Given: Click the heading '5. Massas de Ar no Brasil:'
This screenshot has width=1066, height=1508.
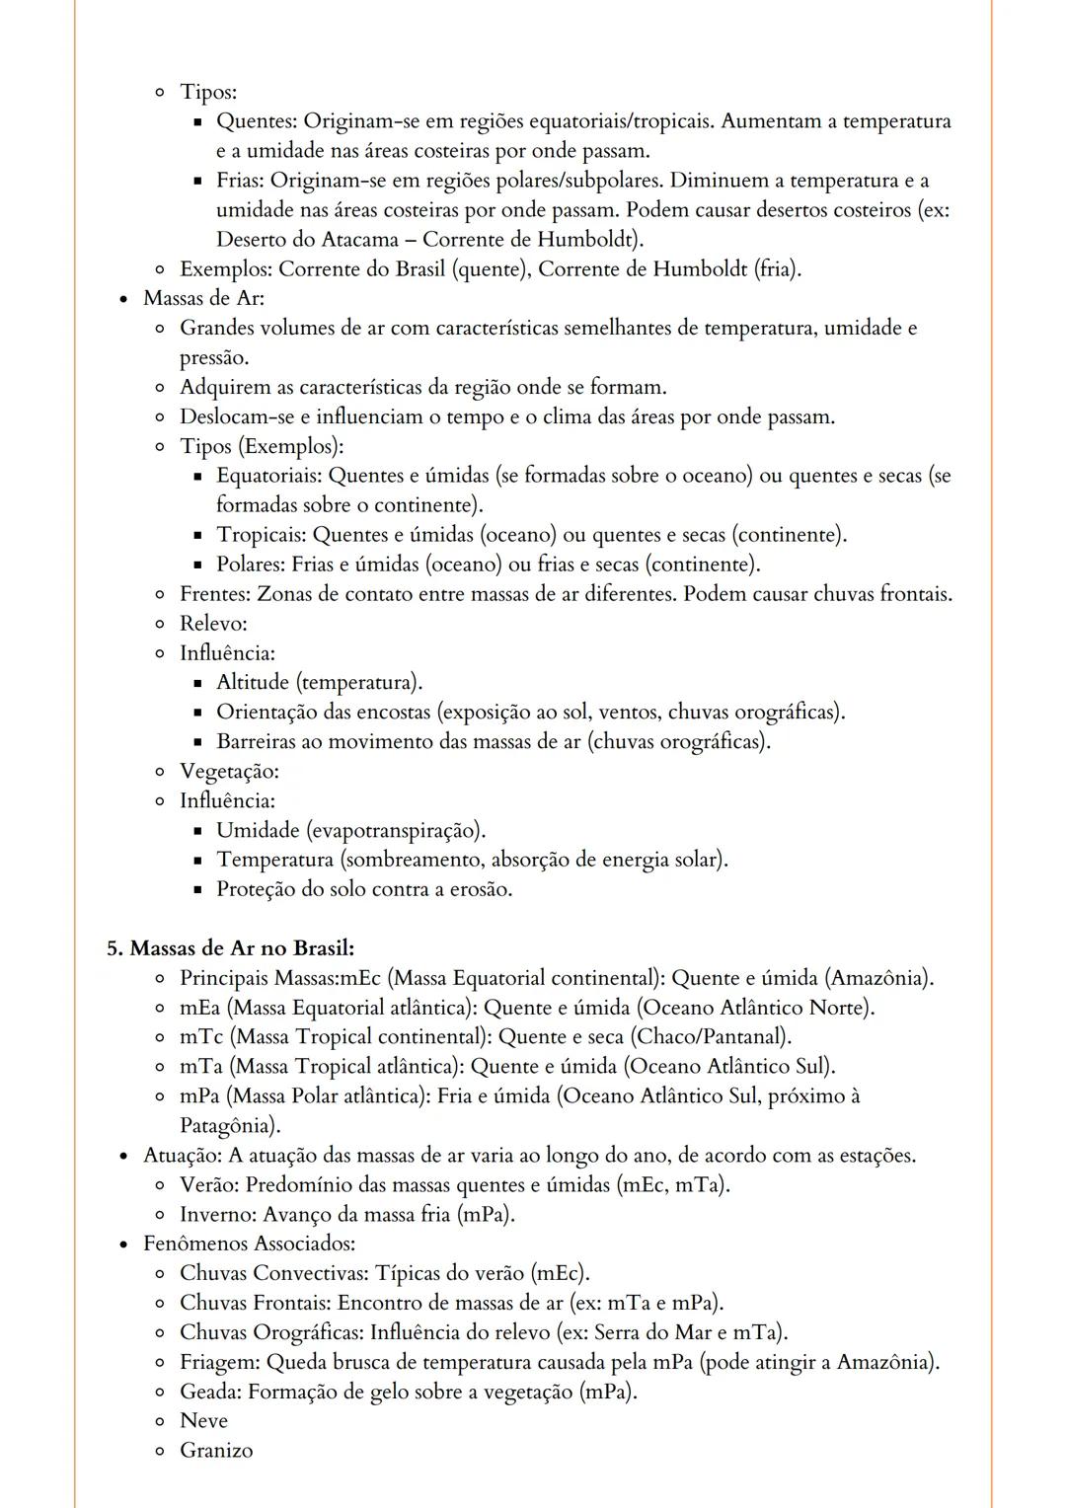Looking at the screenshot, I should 230,948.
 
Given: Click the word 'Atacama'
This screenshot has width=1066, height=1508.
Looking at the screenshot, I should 360,240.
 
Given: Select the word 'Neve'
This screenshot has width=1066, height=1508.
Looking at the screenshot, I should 203,1421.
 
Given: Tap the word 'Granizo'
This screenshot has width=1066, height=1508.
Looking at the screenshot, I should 216,1451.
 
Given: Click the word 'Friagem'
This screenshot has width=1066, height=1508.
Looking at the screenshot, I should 219,1362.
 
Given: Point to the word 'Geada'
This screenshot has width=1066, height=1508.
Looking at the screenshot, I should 209,1392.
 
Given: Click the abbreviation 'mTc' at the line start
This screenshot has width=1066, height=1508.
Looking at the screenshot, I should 201,1037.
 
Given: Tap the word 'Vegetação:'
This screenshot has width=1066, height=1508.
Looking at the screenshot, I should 229,771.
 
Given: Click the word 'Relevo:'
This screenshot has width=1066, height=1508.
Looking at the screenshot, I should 213,624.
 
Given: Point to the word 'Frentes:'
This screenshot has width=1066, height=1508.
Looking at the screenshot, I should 215,594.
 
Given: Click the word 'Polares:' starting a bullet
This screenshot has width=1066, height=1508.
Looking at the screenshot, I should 251,565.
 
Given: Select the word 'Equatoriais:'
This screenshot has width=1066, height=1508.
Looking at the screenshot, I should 268,476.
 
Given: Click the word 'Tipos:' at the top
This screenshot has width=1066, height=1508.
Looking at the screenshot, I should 208,92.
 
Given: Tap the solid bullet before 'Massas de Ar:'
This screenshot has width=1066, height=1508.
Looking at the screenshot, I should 123,299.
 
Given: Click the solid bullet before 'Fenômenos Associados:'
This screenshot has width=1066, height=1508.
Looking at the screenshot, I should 123,1244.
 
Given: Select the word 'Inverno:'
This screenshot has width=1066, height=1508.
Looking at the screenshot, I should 218,1215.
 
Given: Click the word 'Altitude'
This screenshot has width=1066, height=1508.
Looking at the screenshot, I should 253,683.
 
